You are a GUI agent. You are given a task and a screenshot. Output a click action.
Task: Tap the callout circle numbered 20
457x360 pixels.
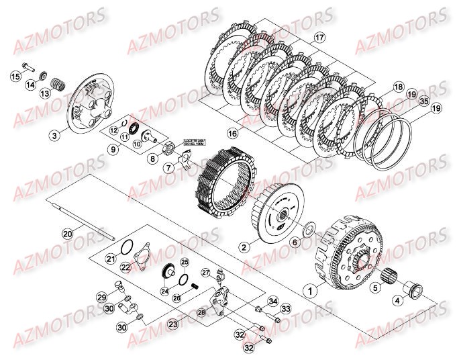tap(67, 234)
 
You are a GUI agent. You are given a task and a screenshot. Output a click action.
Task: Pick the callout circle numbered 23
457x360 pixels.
tap(172, 323)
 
